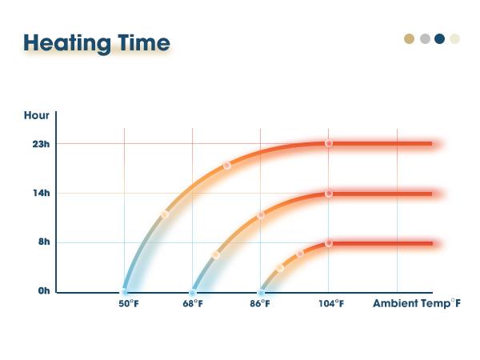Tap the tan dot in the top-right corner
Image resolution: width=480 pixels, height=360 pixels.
pyautogui.click(x=410, y=38)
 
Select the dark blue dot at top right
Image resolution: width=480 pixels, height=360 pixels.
pyautogui.click(x=439, y=38)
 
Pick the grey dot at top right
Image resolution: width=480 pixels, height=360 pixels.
pyautogui.click(x=425, y=38)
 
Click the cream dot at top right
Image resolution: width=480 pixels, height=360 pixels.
pyautogui.click(x=454, y=38)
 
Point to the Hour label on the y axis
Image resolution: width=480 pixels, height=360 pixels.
pyautogui.click(x=37, y=116)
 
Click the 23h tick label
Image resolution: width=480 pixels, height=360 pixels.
pyautogui.click(x=42, y=144)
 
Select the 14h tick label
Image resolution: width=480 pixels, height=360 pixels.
pyautogui.click(x=42, y=193)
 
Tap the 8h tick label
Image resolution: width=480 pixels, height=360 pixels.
pyautogui.click(x=43, y=242)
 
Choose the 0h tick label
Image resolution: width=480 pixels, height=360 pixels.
pyautogui.click(x=43, y=291)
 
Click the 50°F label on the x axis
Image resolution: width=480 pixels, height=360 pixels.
pyautogui.click(x=129, y=304)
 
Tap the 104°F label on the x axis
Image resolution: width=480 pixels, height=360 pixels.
pyautogui.click(x=332, y=304)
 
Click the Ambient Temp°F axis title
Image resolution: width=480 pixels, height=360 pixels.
pyautogui.click(x=416, y=304)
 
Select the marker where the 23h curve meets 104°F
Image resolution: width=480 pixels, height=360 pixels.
pyautogui.click(x=329, y=143)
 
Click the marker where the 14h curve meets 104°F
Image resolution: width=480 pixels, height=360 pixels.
pyautogui.click(x=329, y=193)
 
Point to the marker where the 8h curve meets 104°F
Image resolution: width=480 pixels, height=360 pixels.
pyautogui.click(x=329, y=242)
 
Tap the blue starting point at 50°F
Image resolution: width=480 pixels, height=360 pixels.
pyautogui.click(x=125, y=292)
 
